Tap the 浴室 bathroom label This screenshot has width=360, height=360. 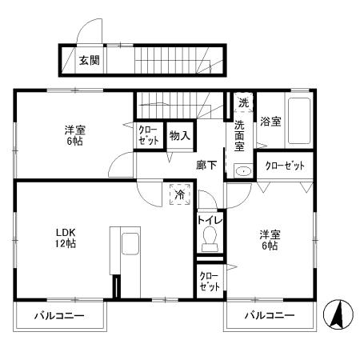pos(270,122)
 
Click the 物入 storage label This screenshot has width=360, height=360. pos(179,136)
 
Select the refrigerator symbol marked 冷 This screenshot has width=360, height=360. pos(179,194)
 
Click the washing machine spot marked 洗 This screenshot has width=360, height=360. pos(243,102)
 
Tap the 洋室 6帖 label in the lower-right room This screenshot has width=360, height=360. pos(268,240)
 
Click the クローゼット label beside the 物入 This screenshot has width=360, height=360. pos(148,135)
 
